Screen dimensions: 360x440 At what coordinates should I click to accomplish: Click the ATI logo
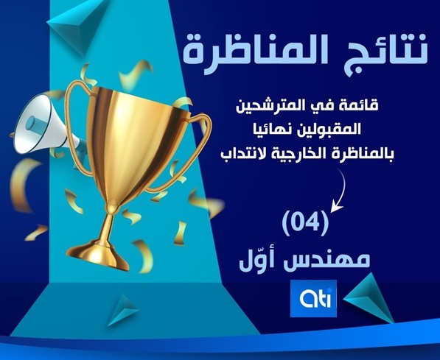click(314, 298)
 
